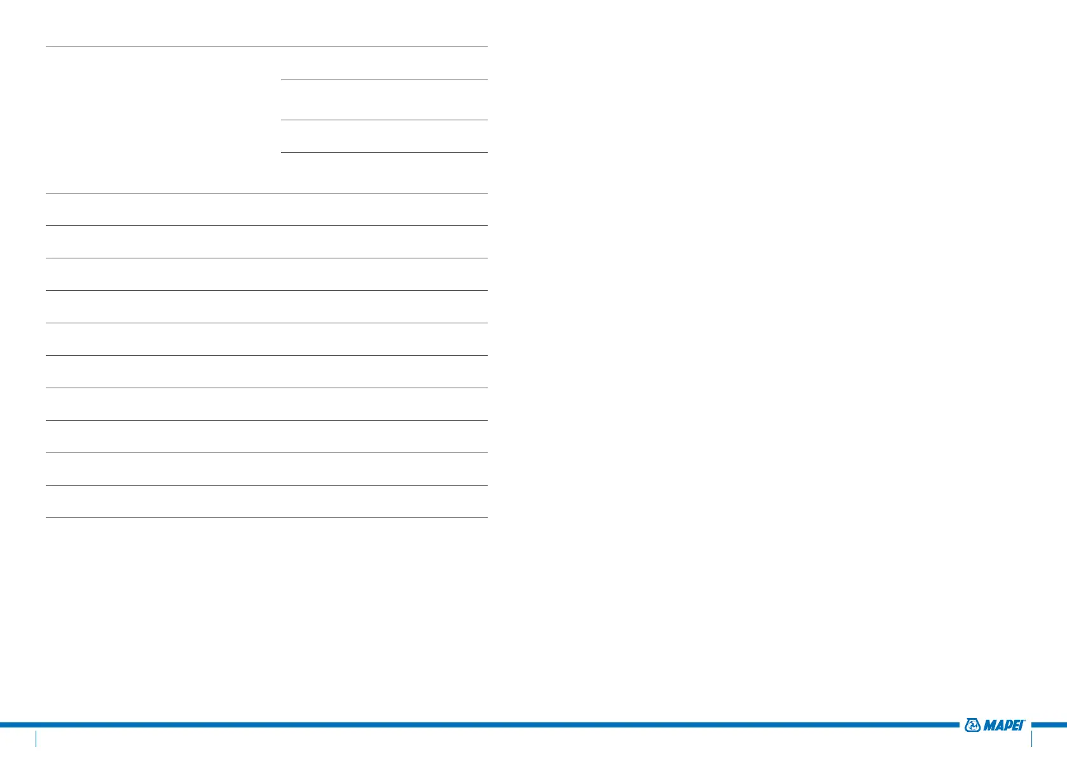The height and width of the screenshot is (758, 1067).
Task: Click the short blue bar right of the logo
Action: pos(1049,724)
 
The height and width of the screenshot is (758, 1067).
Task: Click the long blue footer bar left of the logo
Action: pos(477,724)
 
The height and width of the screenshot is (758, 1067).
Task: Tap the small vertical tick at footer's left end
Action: pos(36,738)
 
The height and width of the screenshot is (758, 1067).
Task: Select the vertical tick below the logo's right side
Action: pos(1031,738)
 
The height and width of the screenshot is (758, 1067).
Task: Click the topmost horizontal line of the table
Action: pos(267,46)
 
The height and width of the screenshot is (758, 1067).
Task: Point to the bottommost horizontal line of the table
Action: pos(267,517)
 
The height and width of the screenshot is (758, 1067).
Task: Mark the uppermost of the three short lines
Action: pos(384,80)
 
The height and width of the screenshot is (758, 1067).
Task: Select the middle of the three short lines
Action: pos(384,120)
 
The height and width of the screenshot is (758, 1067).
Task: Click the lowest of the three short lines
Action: pos(384,152)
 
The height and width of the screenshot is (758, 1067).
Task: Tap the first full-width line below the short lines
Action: pos(267,193)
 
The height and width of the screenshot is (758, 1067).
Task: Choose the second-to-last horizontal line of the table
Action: pos(267,485)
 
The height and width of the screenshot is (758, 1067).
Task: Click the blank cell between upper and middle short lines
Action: pos(384,100)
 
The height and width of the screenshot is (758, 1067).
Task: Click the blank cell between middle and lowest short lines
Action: pos(384,136)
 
